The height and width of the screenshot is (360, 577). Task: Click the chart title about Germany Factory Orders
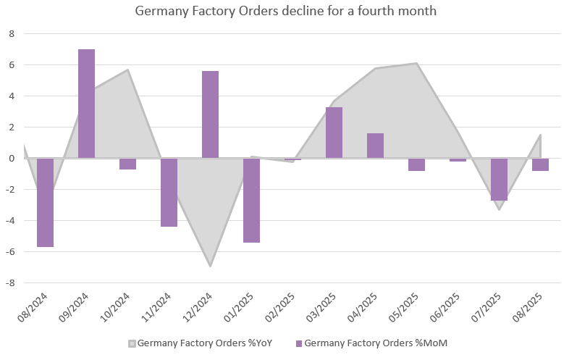(286, 12)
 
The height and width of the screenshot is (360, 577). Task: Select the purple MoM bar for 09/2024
(86, 104)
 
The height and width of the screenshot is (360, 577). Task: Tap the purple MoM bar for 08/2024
(45, 202)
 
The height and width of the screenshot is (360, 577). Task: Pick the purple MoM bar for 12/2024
(210, 114)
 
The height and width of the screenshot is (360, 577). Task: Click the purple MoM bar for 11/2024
(169, 192)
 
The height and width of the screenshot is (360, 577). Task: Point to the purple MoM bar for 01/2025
(251, 200)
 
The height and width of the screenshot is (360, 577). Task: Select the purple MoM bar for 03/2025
(334, 133)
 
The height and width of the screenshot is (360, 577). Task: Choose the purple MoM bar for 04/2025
(375, 146)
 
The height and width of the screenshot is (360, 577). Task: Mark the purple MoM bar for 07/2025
(499, 179)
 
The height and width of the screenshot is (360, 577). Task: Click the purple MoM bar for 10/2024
(127, 164)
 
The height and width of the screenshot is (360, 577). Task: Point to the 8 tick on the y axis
(11, 33)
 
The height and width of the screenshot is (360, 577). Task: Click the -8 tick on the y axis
(9, 282)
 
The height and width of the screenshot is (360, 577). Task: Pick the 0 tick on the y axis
(11, 158)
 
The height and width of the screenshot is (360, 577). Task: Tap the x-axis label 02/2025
(282, 308)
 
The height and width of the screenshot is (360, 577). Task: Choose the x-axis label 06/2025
(447, 308)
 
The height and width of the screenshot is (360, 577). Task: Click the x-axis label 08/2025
(530, 308)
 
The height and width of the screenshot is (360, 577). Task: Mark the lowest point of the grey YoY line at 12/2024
(210, 266)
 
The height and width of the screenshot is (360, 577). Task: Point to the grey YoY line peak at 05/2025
(416, 63)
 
